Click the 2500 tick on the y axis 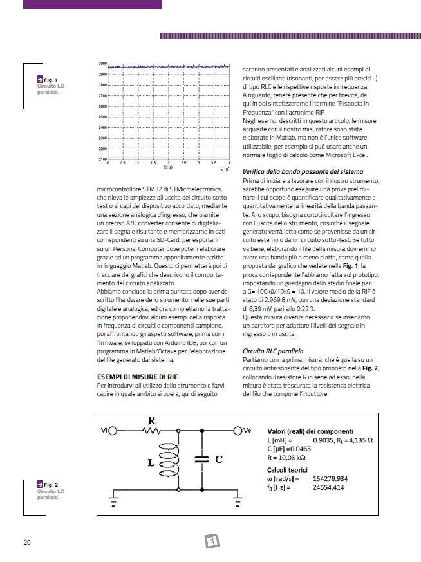pos(102,117)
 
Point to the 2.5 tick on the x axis pos(183,163)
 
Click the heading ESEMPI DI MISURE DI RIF pos(133,376)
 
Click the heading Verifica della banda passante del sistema pos(303,171)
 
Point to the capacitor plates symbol pos(200,460)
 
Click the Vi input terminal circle pos(112,431)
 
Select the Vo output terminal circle pos(238,431)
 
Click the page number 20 pos(27,542)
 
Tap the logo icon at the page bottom pos(212,541)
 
